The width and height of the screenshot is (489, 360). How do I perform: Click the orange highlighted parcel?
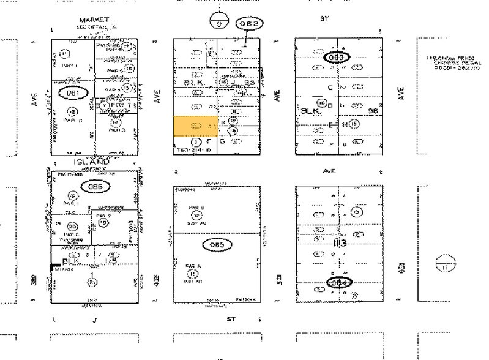(x=195, y=126)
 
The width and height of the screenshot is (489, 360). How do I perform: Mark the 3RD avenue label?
(x=35, y=280)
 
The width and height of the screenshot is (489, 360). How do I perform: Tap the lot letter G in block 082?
(x=222, y=141)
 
